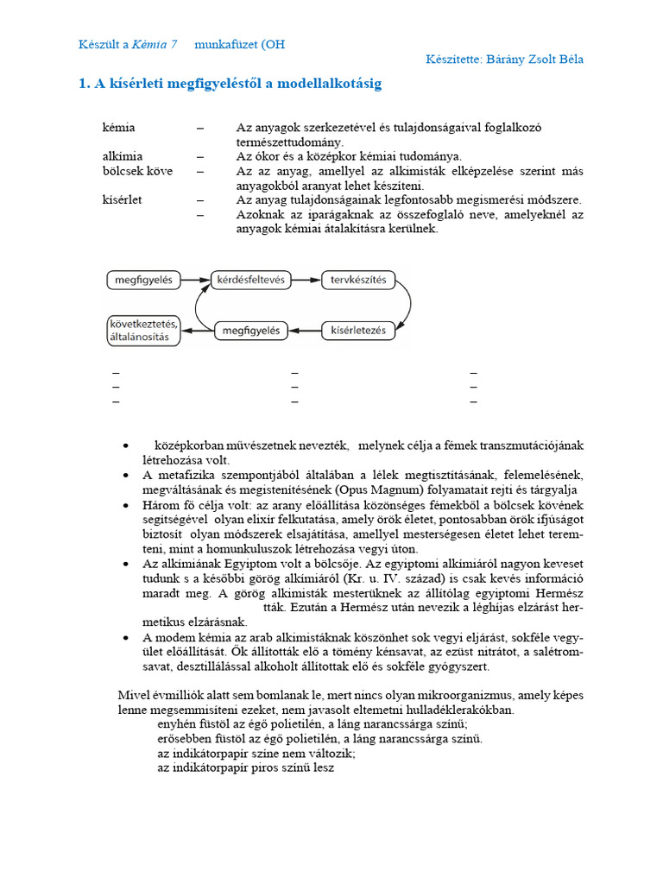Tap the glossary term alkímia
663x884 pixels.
click(x=121, y=156)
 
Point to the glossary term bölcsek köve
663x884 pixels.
click(x=137, y=171)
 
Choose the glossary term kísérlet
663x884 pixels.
click(x=122, y=199)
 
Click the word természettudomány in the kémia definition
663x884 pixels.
click(x=290, y=142)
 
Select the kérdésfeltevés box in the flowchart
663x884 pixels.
click(x=249, y=280)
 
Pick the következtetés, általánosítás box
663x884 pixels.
click(x=143, y=330)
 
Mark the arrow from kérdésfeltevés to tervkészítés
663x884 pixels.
click(x=305, y=280)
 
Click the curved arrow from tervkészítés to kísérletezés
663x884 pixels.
click(x=406, y=305)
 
